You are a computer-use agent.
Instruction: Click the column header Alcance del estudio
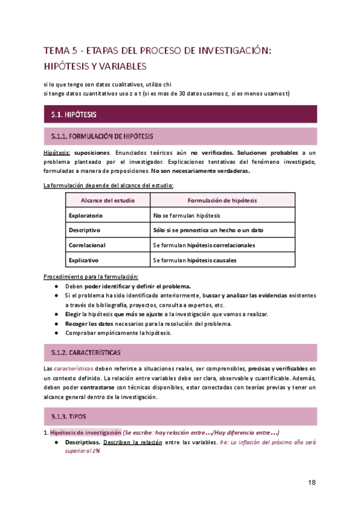[x=108, y=200]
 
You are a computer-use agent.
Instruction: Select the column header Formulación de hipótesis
[x=223, y=200]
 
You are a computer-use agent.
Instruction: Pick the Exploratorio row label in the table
[x=86, y=215]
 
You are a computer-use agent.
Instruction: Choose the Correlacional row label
[x=88, y=245]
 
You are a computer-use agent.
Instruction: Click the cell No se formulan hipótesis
[x=187, y=215]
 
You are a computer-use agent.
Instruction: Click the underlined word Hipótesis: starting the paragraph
[x=57, y=153]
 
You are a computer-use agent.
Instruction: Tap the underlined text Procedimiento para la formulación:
[x=91, y=277]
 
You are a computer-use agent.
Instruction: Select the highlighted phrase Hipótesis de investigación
[x=85, y=433]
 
